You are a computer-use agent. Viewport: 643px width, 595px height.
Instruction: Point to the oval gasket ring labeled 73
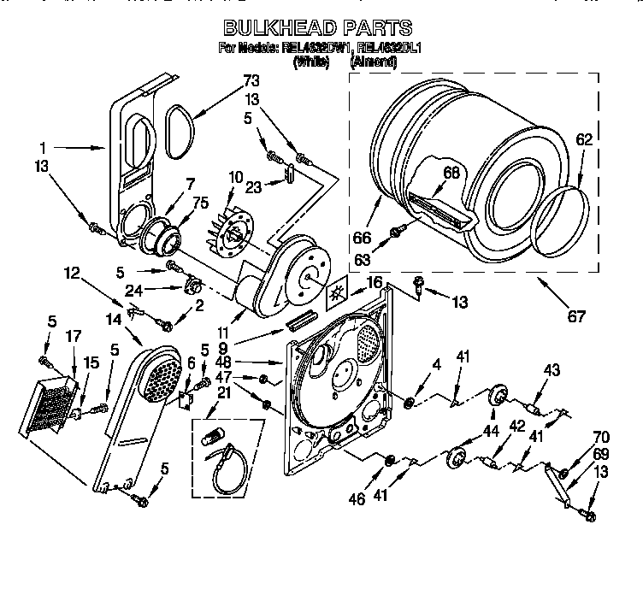[x=178, y=133]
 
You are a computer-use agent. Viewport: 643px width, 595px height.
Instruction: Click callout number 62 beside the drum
[x=583, y=139]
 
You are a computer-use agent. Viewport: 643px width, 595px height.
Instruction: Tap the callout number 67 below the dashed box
[x=575, y=316]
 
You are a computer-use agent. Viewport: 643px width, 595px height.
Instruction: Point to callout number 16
[x=374, y=282]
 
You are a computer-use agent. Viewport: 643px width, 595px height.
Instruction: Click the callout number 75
[x=200, y=203]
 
